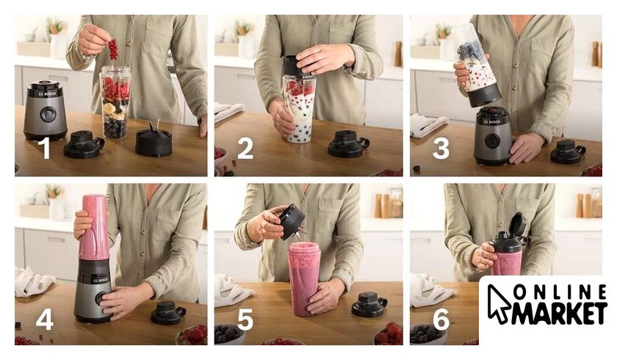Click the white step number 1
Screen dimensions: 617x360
click(x=46, y=148)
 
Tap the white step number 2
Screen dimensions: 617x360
click(x=245, y=148)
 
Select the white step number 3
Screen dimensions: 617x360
click(x=441, y=148)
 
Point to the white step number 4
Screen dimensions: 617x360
click(x=45, y=319)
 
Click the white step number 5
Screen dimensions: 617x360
click(x=245, y=319)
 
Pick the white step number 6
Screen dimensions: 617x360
click(x=441, y=319)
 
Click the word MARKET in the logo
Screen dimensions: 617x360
click(x=558, y=313)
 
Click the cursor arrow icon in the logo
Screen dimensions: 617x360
click(x=498, y=303)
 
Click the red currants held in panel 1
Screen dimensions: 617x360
click(x=113, y=48)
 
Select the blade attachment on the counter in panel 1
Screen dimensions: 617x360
click(x=154, y=140)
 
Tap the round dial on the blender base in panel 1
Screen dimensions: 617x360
click(x=48, y=114)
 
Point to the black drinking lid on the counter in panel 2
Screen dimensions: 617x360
click(x=349, y=144)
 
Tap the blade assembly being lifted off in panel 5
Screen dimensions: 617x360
click(x=291, y=221)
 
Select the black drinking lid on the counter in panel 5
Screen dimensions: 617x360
click(x=369, y=304)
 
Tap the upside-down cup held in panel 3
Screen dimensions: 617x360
click(x=477, y=65)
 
